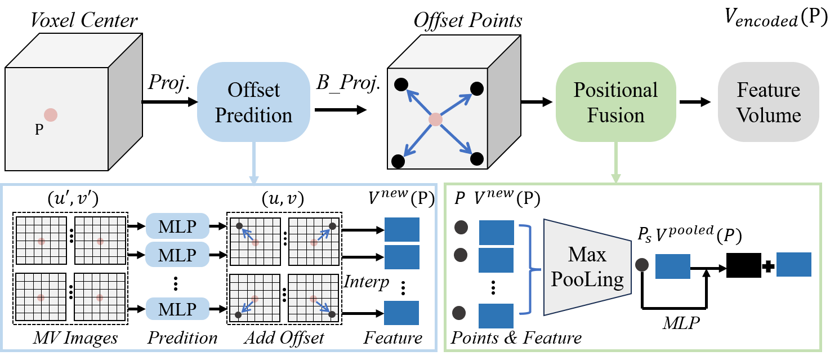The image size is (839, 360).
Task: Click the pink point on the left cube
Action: pyautogui.click(x=51, y=115)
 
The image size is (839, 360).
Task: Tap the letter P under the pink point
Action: pyautogui.click(x=39, y=130)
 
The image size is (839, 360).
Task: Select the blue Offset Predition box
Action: pyautogui.click(x=253, y=102)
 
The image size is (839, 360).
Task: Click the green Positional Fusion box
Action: pyautogui.click(x=615, y=102)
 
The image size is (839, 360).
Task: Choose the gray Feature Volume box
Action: pyautogui.click(x=769, y=102)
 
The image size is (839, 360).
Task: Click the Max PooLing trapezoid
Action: pyautogui.click(x=587, y=267)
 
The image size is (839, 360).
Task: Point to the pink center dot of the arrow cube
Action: pyautogui.click(x=435, y=119)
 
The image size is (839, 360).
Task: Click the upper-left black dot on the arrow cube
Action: pyautogui.click(x=400, y=85)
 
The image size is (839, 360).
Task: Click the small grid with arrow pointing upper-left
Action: pyautogui.click(x=255, y=241)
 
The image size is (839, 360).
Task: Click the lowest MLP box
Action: pyautogui.click(x=177, y=309)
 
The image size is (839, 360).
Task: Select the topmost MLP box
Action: pyautogui.click(x=177, y=226)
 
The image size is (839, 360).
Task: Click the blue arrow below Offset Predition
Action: pyautogui.click(x=253, y=163)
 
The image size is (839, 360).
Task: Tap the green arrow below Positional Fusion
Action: pyautogui.click(x=615, y=163)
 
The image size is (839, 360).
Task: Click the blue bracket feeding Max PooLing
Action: pyautogui.click(x=528, y=269)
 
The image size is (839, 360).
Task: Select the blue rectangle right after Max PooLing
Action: pyautogui.click(x=673, y=266)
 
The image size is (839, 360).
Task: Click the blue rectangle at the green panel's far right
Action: pyautogui.click(x=793, y=264)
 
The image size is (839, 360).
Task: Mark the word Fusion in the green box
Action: pyautogui.click(x=615, y=115)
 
